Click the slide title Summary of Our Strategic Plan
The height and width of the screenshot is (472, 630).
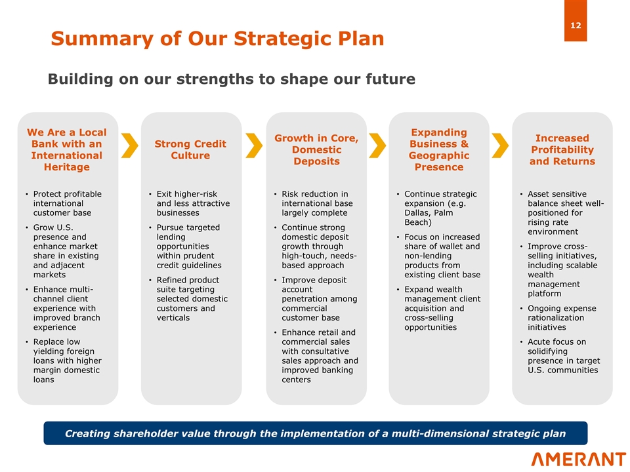(217, 39)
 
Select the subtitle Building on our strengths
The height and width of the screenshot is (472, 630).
(231, 79)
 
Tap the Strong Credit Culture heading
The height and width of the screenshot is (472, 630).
(190, 149)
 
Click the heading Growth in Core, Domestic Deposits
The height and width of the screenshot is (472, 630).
(316, 149)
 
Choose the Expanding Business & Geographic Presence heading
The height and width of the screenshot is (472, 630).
(439, 149)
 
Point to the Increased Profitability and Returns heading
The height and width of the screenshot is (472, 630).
(562, 149)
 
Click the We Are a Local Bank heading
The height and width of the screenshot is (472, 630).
(67, 149)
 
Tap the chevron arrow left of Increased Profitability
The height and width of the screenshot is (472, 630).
(500, 146)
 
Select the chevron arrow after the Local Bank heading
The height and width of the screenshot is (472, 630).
(130, 146)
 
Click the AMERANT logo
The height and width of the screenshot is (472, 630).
(578, 458)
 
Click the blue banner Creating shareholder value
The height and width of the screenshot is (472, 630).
(315, 433)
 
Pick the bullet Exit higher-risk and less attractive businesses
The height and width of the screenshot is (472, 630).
(193, 203)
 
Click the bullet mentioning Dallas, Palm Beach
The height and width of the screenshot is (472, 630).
(440, 208)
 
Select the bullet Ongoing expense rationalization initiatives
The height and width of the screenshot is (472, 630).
(562, 318)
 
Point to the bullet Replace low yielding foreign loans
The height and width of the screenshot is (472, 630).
(67, 361)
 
